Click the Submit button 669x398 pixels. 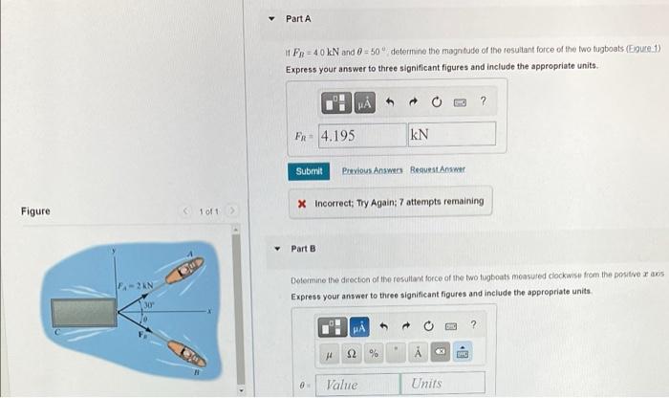pos(309,171)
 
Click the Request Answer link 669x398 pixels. pos(438,171)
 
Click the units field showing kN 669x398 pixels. pos(452,135)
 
